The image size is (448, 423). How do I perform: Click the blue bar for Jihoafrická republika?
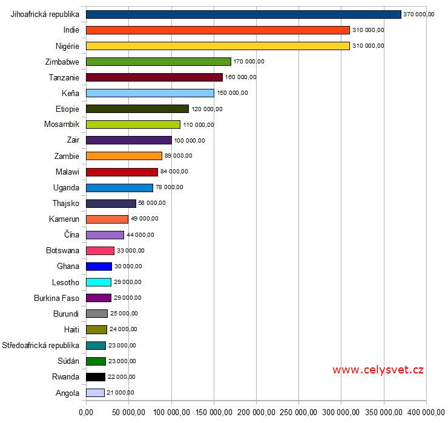tap(243, 14)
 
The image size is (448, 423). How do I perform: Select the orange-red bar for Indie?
tap(218, 30)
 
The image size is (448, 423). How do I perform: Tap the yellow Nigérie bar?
tap(218, 45)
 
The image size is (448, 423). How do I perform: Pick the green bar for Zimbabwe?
tap(159, 61)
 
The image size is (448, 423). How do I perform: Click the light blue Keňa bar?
tap(150, 93)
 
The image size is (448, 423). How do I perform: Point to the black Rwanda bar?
tap(96, 377)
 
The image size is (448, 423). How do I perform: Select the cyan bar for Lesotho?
tap(99, 282)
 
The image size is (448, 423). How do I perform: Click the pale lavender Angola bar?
tap(95, 393)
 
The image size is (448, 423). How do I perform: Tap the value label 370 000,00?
tap(419, 15)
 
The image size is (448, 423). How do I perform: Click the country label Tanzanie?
tap(64, 77)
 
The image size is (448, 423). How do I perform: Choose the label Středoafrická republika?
tap(41, 346)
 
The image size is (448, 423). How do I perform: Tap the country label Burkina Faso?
tap(57, 298)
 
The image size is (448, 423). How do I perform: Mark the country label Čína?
tap(71, 235)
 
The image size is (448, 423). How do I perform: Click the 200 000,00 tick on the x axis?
tap(256, 413)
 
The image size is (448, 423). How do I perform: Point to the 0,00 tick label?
tap(87, 413)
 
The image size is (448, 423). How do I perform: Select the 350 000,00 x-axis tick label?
tap(384, 413)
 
